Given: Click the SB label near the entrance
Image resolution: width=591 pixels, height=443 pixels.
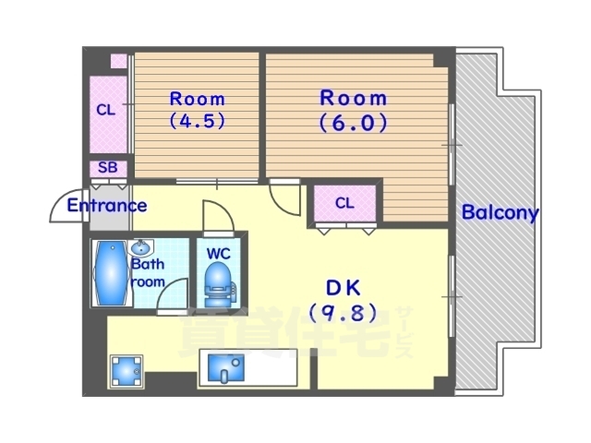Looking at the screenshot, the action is (108, 168).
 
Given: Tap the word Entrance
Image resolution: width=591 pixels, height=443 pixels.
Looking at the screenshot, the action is (107, 206).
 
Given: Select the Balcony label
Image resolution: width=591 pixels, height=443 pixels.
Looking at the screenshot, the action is (501, 213).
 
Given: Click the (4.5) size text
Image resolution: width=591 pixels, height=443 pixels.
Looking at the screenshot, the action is (197, 121).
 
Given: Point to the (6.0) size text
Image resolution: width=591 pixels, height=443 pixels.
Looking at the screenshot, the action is (353, 123).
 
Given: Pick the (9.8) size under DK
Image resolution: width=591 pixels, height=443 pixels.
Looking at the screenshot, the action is (343, 313).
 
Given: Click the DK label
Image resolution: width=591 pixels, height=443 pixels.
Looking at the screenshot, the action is (343, 288).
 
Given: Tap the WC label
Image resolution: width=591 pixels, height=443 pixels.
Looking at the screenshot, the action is (219, 254).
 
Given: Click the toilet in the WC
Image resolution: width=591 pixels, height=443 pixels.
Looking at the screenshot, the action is (219, 284).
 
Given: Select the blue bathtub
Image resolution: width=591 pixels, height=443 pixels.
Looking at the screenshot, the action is (111, 273).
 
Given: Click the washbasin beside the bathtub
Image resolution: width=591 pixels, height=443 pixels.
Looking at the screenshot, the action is (140, 247).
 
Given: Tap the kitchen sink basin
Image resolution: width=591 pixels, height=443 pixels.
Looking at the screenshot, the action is (225, 367).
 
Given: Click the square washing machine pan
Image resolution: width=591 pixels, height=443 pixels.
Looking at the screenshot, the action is (127, 371).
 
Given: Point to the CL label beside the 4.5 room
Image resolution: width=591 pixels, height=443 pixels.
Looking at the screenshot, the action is (106, 110).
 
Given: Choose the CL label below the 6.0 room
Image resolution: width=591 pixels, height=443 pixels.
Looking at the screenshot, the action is (344, 203).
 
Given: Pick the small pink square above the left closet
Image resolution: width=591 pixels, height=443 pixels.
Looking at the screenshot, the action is (118, 61).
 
